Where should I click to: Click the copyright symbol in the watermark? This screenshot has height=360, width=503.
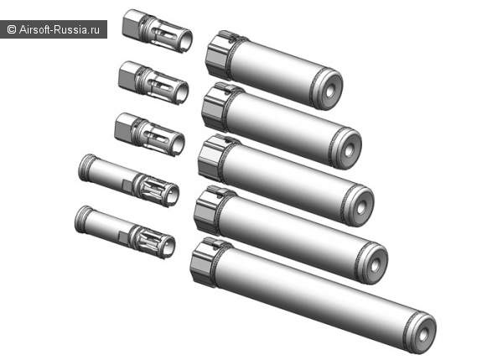[x=11, y=30]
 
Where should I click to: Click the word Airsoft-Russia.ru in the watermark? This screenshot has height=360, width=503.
[x=60, y=30]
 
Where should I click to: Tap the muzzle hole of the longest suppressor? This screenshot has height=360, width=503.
[x=423, y=334]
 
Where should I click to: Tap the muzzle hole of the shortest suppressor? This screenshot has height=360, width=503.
[x=330, y=91]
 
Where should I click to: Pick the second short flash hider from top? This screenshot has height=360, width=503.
[x=153, y=82]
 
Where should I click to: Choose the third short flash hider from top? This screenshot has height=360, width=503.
[x=149, y=134]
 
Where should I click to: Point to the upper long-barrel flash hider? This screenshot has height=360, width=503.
[x=128, y=180]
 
